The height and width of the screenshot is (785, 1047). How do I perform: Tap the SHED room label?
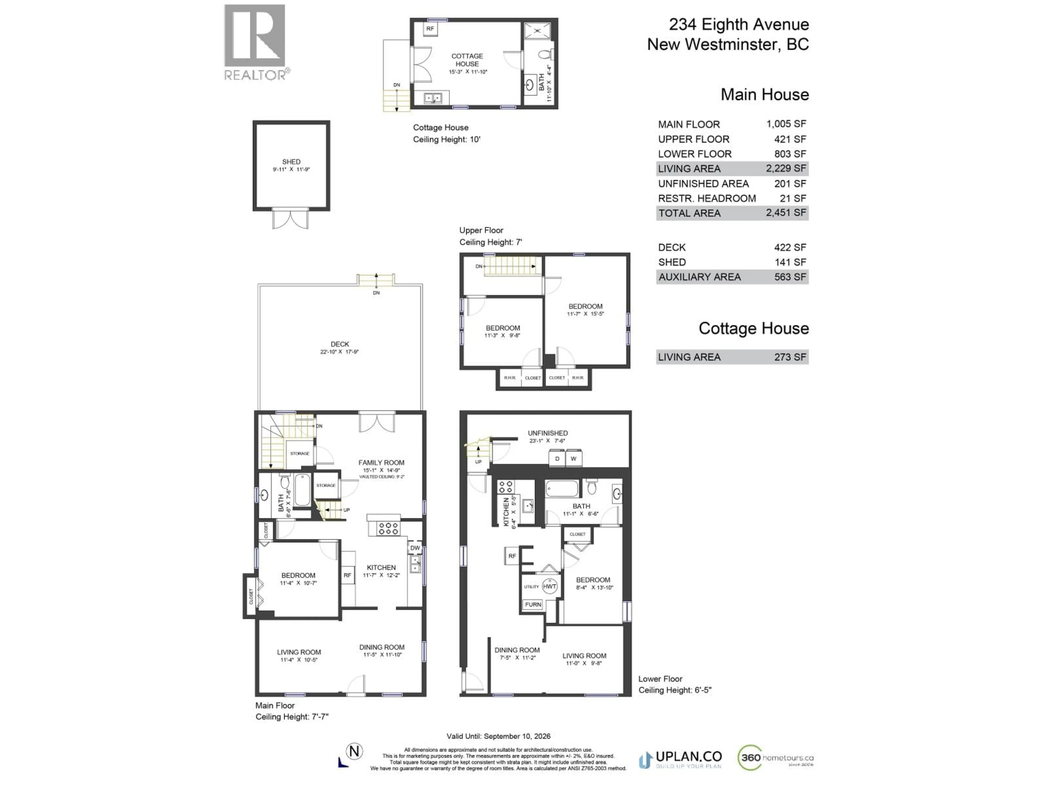291,162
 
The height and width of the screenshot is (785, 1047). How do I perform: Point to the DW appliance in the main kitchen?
415,548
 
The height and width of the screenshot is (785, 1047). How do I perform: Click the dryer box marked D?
557,458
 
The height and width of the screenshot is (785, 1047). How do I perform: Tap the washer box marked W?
574,458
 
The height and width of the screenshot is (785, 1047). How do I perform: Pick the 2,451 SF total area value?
786,213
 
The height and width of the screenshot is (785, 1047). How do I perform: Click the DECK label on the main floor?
340,345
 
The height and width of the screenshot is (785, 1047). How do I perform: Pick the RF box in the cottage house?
430,29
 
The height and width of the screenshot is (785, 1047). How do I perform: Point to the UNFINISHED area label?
548,433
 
